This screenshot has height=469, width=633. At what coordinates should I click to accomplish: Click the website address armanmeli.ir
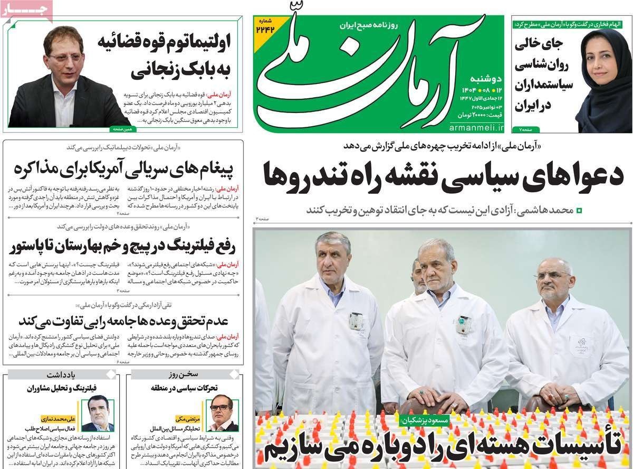pyautogui.click(x=477, y=128)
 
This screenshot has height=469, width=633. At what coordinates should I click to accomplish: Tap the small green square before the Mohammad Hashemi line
pyautogui.click(x=579, y=210)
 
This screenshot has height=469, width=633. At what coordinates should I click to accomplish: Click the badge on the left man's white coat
pyautogui.click(x=356, y=321)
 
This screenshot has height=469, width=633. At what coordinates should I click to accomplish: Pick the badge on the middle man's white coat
pyautogui.click(x=464, y=324)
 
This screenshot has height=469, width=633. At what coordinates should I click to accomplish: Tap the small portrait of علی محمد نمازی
pyautogui.click(x=98, y=412)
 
